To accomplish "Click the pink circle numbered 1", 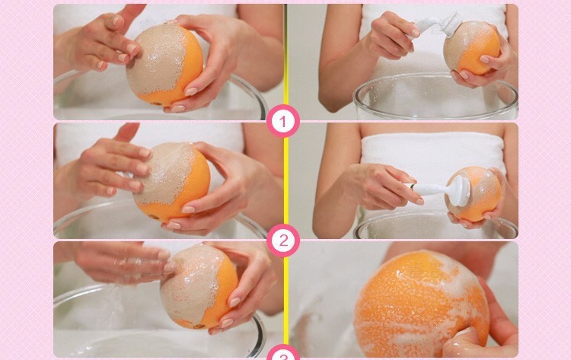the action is [283, 121].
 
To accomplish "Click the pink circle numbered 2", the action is [283, 241].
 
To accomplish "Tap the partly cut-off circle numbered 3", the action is [283, 352].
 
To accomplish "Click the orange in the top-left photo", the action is [164, 65].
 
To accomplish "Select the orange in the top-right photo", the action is [472, 48].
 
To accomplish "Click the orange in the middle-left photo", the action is [171, 181].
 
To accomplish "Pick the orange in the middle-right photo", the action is [474, 193].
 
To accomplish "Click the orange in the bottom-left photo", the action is [199, 286].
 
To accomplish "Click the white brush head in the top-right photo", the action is [451, 24].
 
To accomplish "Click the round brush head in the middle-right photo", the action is [461, 191].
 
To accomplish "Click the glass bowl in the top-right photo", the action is [435, 97].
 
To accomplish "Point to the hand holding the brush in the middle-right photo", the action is [382, 186].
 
